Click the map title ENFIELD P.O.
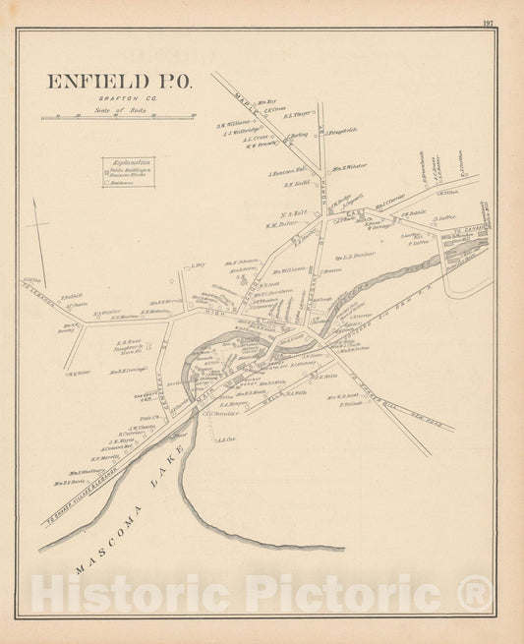click(117, 82)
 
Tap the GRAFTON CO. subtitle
click(117, 99)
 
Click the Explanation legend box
click(129, 172)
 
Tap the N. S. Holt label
click(296, 212)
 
